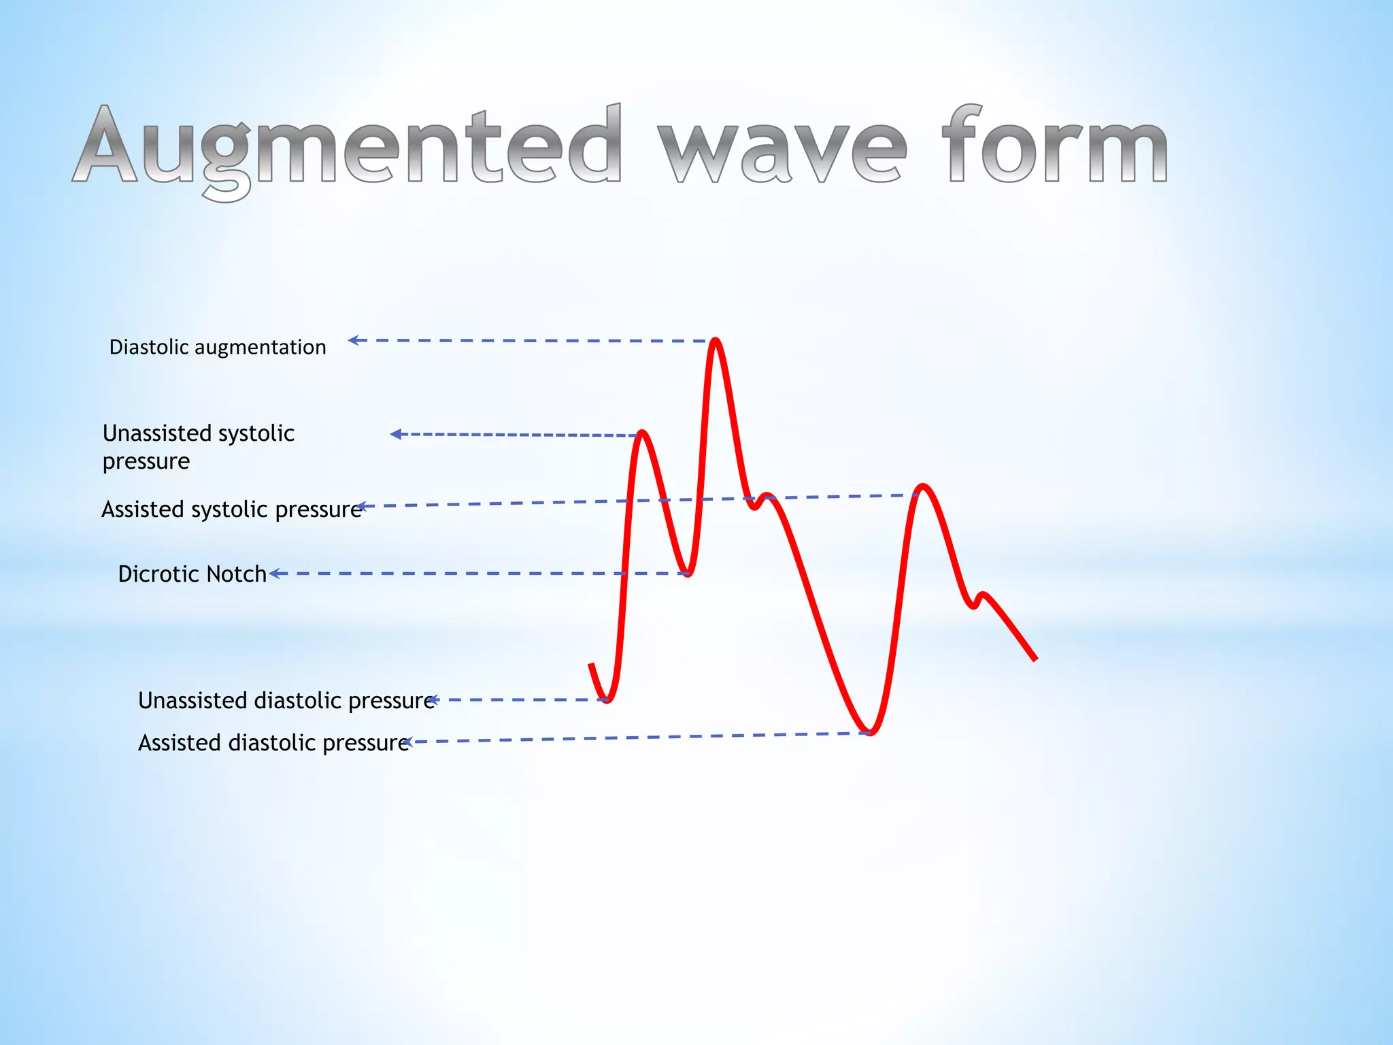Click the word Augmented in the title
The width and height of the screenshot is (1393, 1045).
[347, 146]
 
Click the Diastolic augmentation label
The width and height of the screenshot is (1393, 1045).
[218, 347]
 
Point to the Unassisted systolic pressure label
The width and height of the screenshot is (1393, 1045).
[198, 447]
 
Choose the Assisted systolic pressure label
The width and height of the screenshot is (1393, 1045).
[231, 509]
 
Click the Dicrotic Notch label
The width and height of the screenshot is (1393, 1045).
[192, 574]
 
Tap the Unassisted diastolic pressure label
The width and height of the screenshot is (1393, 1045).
[286, 700]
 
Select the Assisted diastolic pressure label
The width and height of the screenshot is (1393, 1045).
[273, 742]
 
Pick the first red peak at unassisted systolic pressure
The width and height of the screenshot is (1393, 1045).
[642, 433]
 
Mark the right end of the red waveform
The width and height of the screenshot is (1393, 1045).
[1035, 659]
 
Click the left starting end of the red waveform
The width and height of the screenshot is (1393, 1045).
[591, 665]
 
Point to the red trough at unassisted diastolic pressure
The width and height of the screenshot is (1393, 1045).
[607, 699]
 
